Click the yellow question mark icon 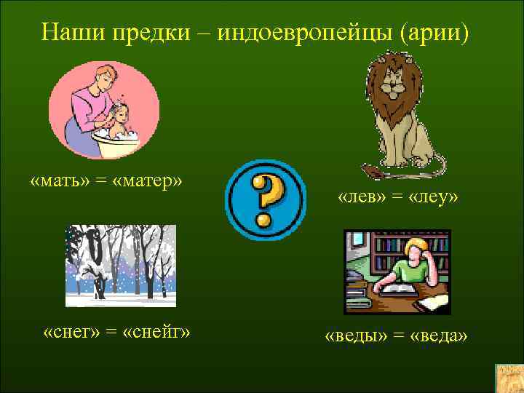[x=266, y=200]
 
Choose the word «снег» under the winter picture [x=70, y=333]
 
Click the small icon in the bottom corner [x=508, y=378]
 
